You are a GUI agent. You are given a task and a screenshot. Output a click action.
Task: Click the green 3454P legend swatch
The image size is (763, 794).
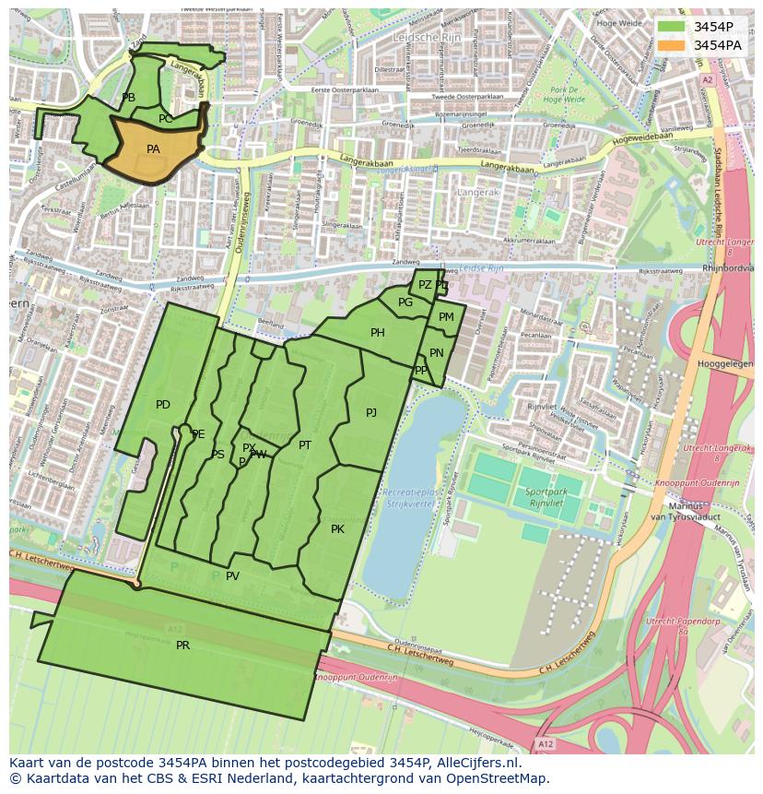click(x=672, y=27)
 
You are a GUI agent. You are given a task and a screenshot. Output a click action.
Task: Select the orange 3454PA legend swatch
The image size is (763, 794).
click(x=672, y=44)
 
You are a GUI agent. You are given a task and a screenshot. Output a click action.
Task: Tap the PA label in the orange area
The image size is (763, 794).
click(x=153, y=148)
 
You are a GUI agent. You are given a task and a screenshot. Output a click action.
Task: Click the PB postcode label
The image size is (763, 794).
click(x=128, y=98)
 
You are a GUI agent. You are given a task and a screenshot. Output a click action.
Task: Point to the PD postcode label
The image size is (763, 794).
click(x=163, y=405)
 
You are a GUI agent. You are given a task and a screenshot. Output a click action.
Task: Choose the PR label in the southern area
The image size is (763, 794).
click(x=182, y=646)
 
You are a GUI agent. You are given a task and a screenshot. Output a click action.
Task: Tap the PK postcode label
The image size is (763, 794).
click(x=337, y=529)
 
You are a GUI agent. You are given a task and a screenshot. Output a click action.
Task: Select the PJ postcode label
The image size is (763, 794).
click(x=370, y=413)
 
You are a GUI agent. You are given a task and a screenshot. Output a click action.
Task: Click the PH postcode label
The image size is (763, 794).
click(x=378, y=333)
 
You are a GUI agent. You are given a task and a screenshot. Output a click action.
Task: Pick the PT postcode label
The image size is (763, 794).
click(x=305, y=445)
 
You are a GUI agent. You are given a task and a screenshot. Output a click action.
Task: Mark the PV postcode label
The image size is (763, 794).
click(x=232, y=576)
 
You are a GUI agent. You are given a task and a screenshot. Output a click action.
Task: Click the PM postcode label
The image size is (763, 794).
click(x=446, y=317)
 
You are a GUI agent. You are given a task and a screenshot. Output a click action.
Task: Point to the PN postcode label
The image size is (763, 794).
click(x=437, y=353)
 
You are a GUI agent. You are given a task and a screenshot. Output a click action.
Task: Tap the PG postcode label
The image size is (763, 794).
click(x=405, y=302)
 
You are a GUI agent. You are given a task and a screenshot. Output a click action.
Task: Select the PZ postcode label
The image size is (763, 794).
click(x=425, y=285)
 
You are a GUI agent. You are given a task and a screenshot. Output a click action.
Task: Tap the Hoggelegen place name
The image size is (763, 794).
click(x=725, y=364)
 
